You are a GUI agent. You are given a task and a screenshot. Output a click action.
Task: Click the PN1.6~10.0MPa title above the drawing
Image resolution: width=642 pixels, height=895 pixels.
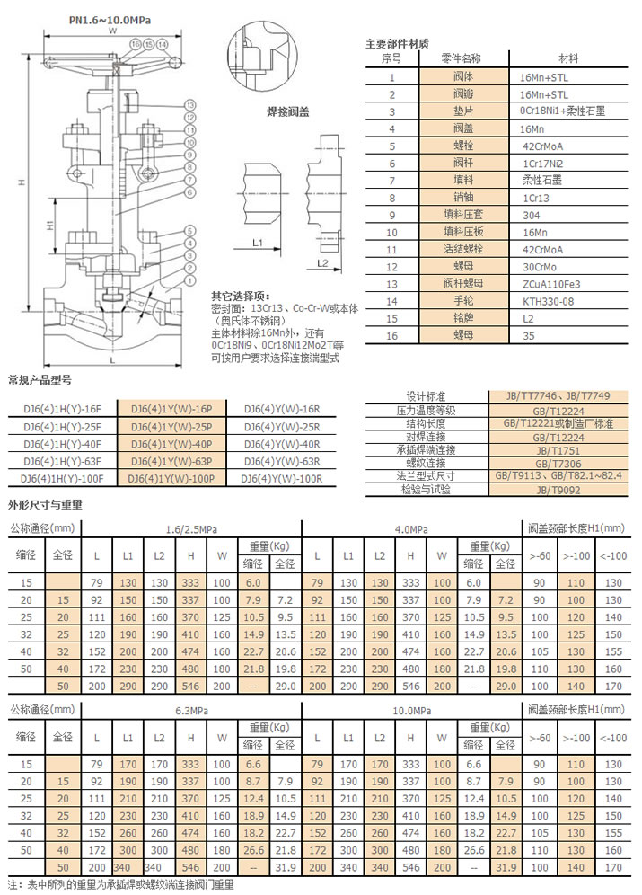point(110,17)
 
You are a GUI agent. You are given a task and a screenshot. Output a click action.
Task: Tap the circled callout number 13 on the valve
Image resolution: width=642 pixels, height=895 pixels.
point(190,105)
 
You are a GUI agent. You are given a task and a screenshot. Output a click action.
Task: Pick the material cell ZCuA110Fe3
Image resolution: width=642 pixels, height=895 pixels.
point(550,284)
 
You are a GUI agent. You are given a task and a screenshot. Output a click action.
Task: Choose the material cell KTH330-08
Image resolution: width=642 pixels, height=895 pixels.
point(550,301)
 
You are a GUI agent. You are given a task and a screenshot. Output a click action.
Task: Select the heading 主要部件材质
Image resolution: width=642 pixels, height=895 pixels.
point(397,43)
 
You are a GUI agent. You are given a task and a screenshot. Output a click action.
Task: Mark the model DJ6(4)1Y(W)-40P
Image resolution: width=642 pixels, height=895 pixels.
point(171,444)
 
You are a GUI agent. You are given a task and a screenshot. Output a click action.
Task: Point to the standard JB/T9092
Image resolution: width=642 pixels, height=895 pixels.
point(558,491)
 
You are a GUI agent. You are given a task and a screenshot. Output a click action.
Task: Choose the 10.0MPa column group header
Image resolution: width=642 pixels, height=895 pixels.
point(411,710)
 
